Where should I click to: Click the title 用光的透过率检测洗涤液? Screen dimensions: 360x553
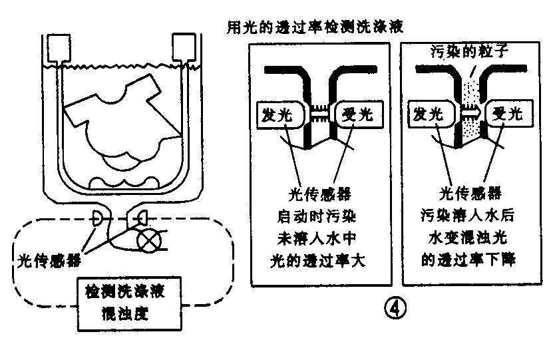(x=315, y=29)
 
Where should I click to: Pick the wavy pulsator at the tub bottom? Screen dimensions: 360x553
(x=124, y=181)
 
